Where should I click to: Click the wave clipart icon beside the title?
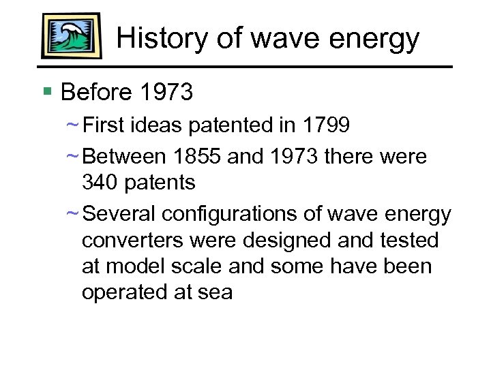(71, 35)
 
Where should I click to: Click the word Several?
(119, 214)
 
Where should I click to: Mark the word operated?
(121, 292)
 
